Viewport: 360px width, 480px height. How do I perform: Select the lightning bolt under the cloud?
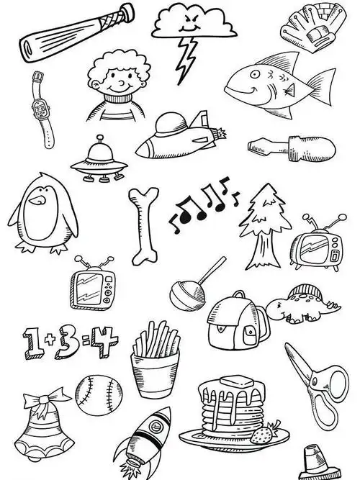[186, 59]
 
